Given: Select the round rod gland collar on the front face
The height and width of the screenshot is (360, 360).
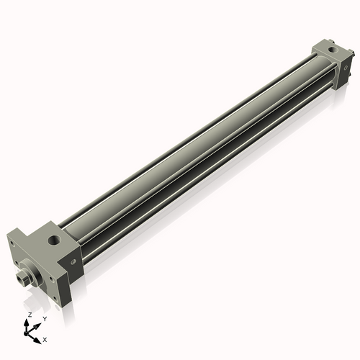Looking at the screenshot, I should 32,271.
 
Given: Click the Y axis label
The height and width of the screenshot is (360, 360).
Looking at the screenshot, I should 44,318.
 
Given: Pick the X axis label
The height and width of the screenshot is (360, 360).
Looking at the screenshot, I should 45,338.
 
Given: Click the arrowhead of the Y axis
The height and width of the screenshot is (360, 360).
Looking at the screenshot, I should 37,323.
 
